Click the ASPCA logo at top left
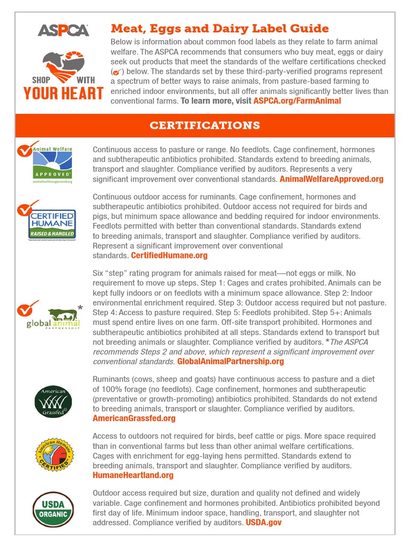tap(63, 30)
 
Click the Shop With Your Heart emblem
tap(63, 75)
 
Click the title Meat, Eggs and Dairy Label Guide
tap(219, 28)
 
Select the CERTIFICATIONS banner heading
tap(205, 126)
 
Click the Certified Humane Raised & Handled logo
tap(52, 224)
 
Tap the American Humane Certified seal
tap(52, 454)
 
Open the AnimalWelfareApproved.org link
tap(331, 179)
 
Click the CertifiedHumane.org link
tap(169, 255)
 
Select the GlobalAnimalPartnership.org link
tap(230, 361)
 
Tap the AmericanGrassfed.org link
tap(134, 418)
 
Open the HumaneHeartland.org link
tap(133, 475)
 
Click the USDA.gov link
tap(263, 522)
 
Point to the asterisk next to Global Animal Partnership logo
tap(80, 308)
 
